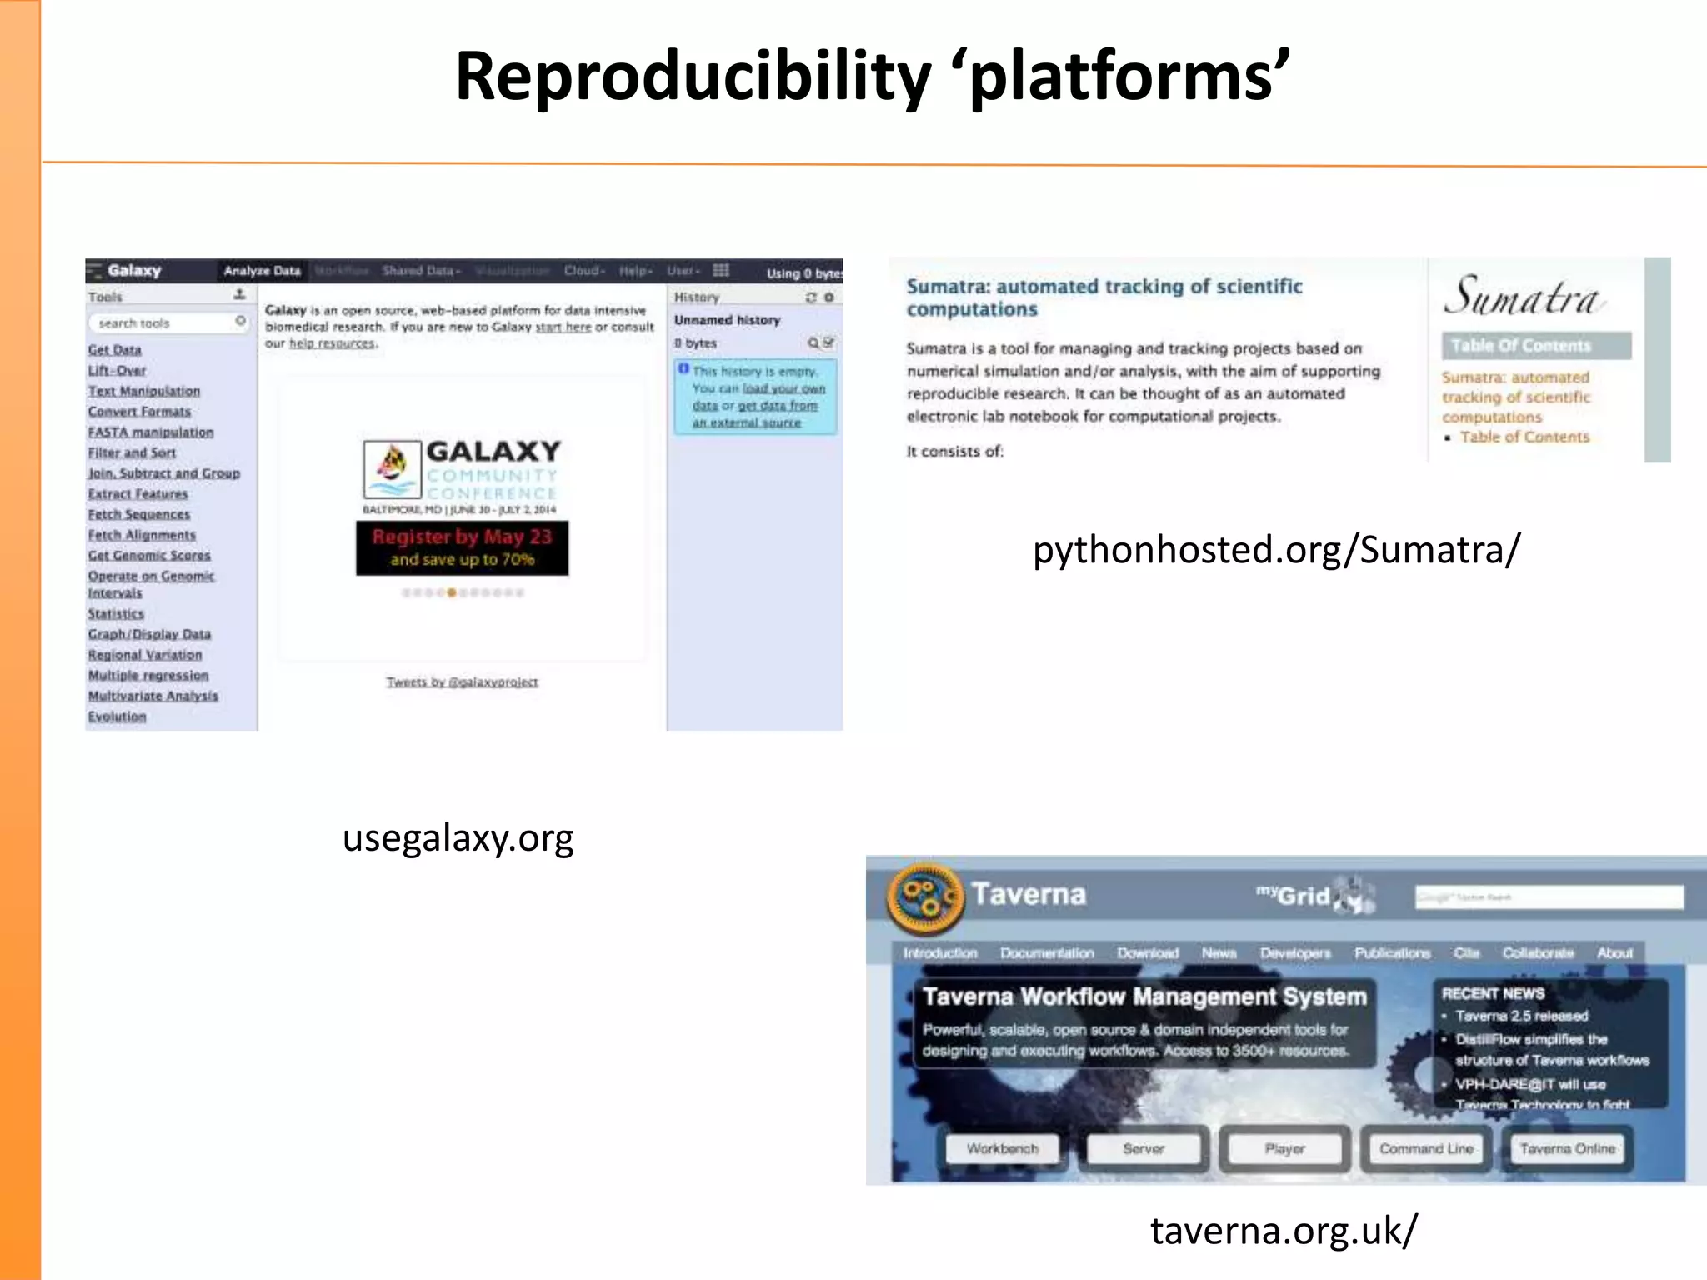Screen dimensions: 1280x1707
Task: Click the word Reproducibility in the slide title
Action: click(x=693, y=77)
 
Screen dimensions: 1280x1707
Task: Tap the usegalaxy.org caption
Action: click(x=458, y=838)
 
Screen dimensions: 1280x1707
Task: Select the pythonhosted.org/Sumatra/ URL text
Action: click(x=1276, y=550)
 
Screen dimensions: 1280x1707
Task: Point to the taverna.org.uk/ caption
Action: click(x=1283, y=1231)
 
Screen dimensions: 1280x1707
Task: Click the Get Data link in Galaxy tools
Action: click(x=115, y=350)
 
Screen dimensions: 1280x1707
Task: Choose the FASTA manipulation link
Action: click(x=151, y=432)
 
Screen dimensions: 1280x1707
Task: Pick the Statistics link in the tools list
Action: click(x=116, y=614)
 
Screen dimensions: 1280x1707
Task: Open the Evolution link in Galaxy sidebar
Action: click(x=118, y=717)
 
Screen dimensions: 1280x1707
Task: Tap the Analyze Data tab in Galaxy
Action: click(x=262, y=271)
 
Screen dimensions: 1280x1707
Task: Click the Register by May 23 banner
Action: click(x=462, y=547)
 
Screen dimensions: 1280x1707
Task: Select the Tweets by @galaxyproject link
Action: click(x=462, y=682)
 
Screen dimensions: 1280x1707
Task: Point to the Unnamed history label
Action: click(x=727, y=320)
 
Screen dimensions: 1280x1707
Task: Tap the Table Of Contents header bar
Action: click(x=1535, y=345)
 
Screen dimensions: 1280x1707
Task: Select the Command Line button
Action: click(x=1425, y=1149)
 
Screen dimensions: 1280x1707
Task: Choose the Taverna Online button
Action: click(x=1567, y=1149)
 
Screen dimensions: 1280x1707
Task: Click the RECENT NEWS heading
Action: click(x=1493, y=993)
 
